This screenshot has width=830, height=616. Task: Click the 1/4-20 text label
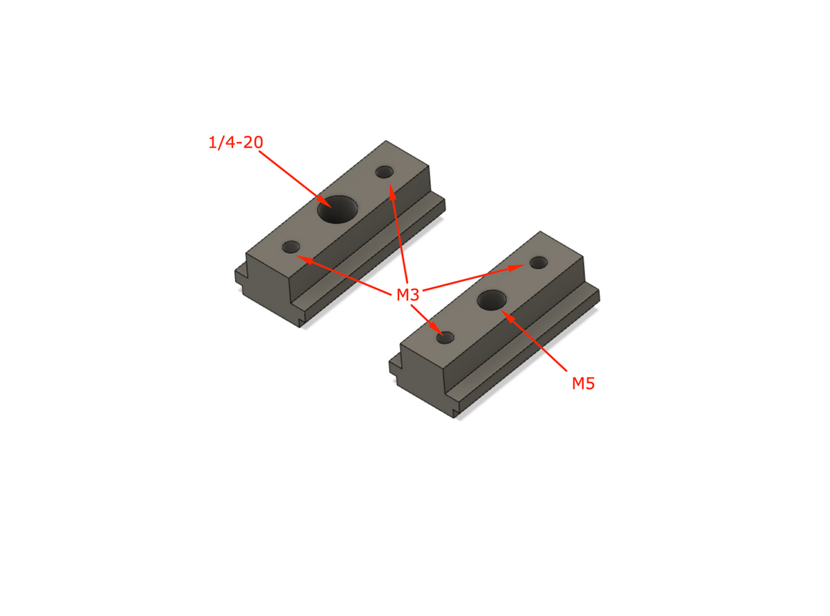click(235, 143)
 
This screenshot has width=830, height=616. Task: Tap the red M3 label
click(407, 296)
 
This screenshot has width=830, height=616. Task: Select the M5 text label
click(583, 383)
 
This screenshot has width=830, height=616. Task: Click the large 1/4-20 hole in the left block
click(338, 208)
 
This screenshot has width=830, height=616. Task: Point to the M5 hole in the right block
click(492, 300)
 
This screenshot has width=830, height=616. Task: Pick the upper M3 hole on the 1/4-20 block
click(384, 172)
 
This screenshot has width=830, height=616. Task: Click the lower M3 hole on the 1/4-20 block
click(291, 246)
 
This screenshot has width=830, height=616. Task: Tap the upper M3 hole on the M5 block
click(539, 263)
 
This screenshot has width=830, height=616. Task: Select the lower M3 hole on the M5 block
click(445, 338)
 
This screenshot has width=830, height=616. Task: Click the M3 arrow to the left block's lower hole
click(346, 273)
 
